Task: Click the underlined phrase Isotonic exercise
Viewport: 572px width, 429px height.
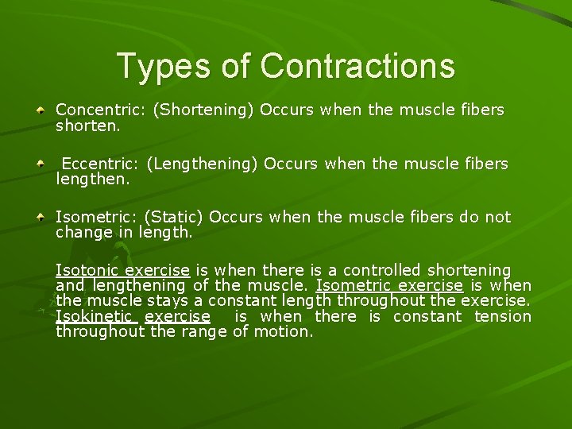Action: [122, 270]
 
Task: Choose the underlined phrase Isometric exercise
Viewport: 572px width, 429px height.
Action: [389, 285]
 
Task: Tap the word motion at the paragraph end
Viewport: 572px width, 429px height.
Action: [284, 331]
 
